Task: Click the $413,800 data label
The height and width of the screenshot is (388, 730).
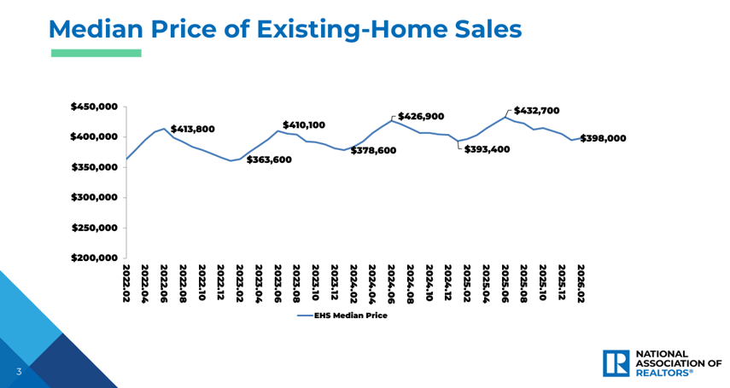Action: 193,130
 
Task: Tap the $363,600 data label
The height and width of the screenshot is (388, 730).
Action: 269,159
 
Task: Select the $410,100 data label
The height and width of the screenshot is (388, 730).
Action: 304,125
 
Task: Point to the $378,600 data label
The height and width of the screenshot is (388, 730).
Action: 373,150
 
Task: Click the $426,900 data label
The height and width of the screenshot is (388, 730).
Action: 421,116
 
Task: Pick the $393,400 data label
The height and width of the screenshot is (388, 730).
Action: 487,149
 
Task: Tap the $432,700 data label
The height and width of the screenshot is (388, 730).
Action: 537,111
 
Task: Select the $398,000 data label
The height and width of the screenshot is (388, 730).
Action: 604,138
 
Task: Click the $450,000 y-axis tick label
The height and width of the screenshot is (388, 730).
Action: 94,107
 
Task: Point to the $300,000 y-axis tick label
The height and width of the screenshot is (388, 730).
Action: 94,197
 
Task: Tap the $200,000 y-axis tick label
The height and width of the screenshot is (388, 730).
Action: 94,258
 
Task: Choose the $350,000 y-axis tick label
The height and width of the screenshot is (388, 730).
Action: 94,167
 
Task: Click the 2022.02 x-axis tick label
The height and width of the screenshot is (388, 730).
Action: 126,284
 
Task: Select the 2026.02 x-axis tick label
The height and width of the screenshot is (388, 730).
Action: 581,284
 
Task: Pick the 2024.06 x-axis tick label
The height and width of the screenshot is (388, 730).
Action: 391,284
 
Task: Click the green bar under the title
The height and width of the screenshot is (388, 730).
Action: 96,53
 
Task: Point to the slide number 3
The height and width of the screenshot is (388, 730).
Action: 17,372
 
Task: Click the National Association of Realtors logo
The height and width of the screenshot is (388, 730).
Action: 662,363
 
